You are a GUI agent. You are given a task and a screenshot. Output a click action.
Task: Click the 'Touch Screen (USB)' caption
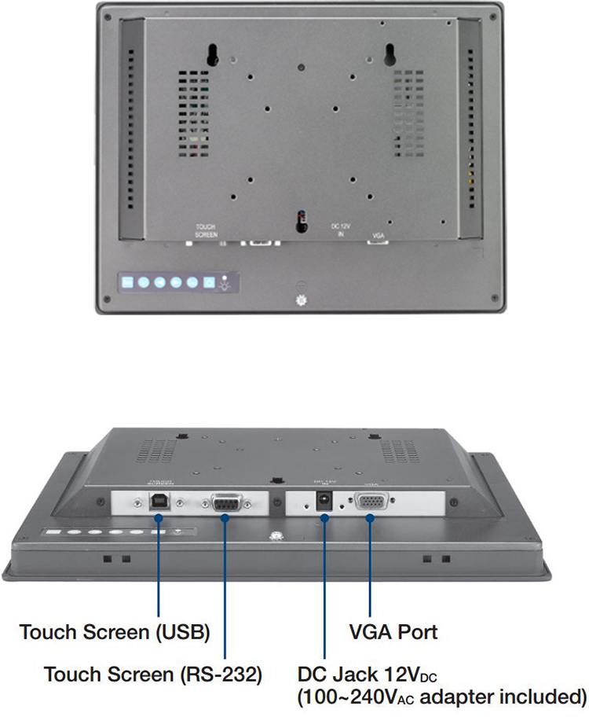[114, 631]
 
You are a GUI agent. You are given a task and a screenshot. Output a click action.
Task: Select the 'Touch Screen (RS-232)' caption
[152, 675]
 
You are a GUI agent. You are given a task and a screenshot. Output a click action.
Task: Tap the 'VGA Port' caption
[393, 631]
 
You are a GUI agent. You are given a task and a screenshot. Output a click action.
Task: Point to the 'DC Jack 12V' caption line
[367, 675]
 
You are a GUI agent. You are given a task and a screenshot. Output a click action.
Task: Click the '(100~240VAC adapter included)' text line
[441, 697]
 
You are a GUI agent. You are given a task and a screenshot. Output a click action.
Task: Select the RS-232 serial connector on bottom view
[225, 502]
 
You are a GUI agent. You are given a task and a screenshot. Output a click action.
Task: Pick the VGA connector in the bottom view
[371, 502]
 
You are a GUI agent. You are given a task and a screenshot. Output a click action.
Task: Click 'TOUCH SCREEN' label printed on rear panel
[205, 230]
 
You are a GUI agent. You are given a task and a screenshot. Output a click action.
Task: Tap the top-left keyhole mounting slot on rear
[212, 53]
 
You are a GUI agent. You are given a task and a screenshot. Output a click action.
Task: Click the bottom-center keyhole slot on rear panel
[300, 220]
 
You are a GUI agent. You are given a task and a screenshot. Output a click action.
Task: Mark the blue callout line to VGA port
[371, 566]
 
